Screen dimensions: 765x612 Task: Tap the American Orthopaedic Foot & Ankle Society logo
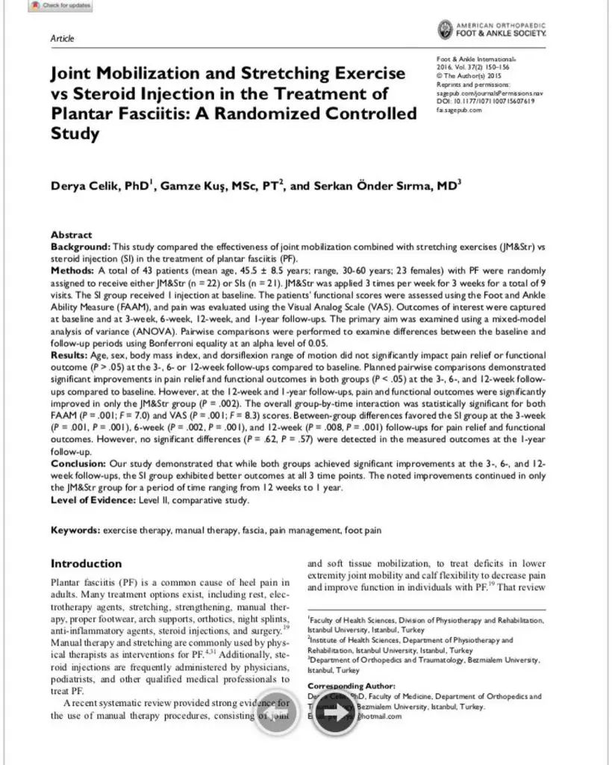pyautogui.click(x=491, y=30)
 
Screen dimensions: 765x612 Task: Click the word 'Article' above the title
pyautogui.click(x=62, y=38)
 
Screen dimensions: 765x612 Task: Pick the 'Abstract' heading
pyautogui.click(x=72, y=235)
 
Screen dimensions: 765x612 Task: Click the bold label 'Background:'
pyautogui.click(x=81, y=246)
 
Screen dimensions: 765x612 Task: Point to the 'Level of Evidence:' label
pyautogui.click(x=94, y=500)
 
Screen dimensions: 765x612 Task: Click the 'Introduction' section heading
pyautogui.click(x=86, y=563)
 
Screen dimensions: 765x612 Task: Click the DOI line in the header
pyautogui.click(x=484, y=101)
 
